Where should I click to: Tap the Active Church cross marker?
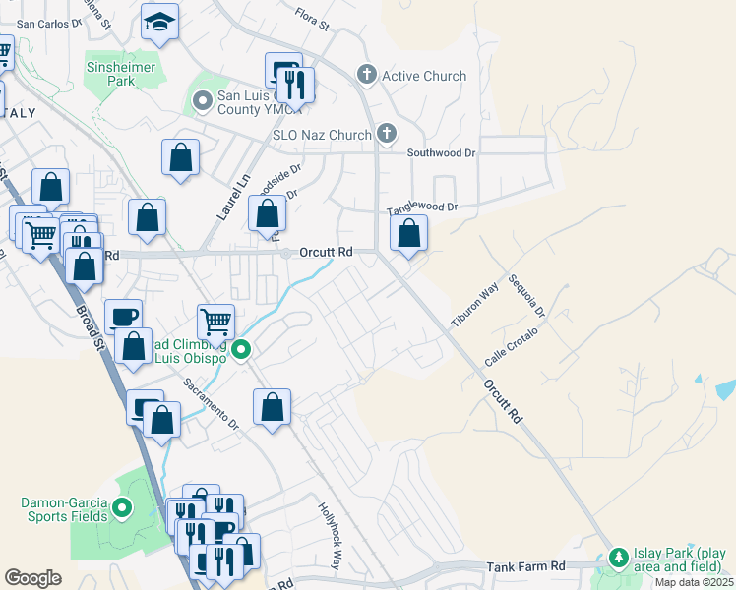[x=367, y=75]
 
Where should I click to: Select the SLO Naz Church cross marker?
[x=387, y=134]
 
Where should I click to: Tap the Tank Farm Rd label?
[x=526, y=566]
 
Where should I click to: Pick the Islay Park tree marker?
[x=618, y=559]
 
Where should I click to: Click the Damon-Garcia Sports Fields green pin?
[x=122, y=508]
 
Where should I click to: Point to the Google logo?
[x=32, y=578]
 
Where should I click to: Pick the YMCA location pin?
[x=203, y=101]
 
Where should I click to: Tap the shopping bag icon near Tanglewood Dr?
[x=408, y=234]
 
